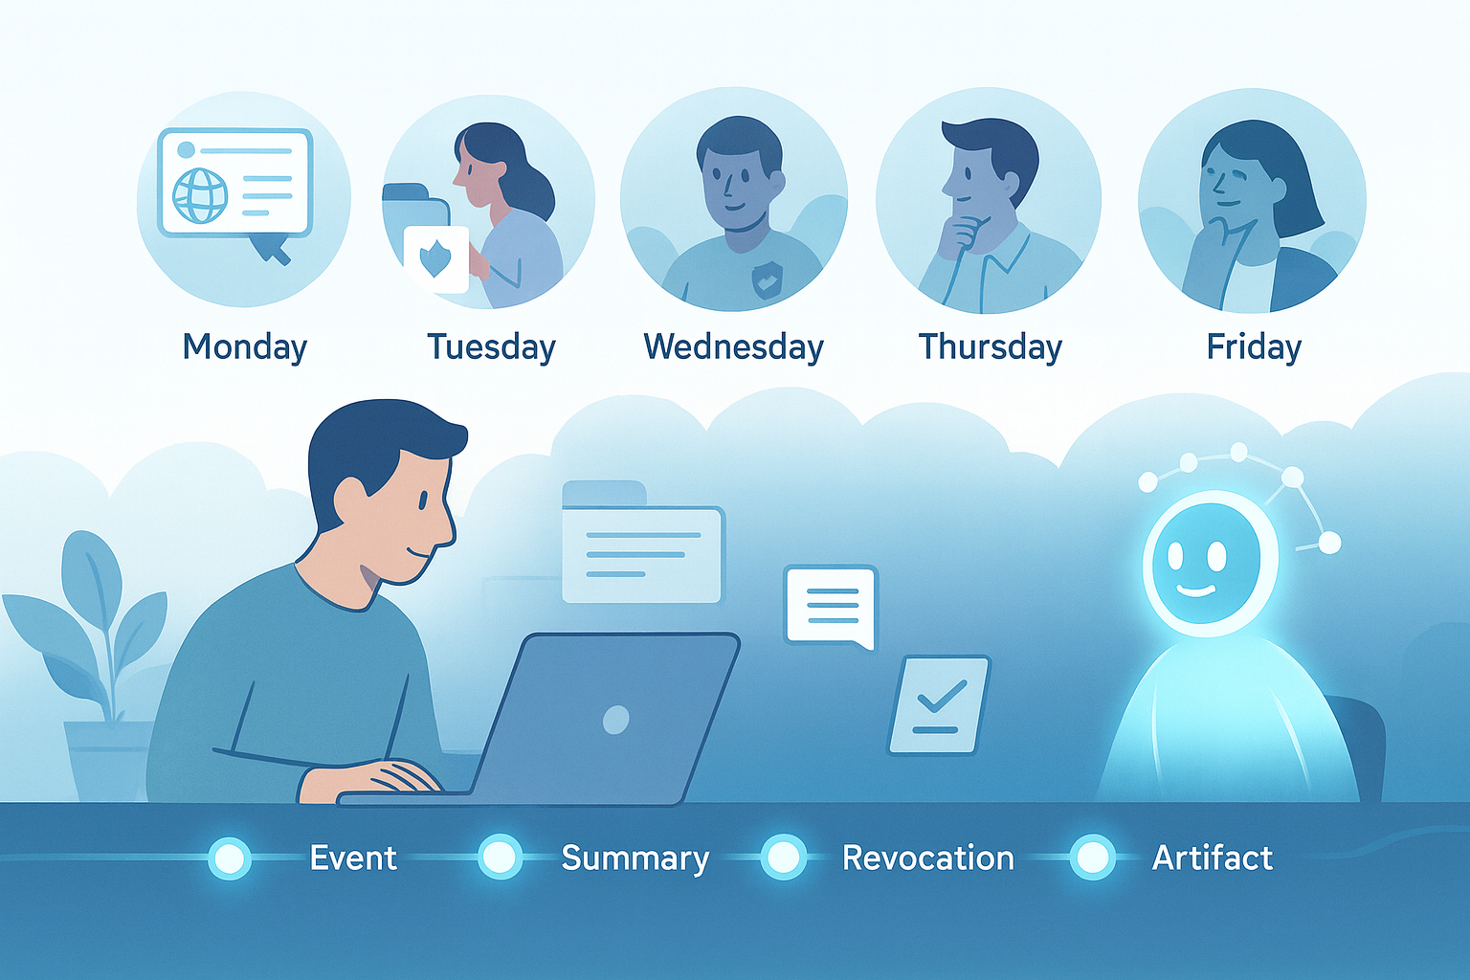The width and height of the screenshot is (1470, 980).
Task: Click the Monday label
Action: click(245, 346)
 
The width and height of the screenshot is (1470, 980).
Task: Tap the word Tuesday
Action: click(491, 346)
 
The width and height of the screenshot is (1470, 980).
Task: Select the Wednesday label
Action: click(733, 346)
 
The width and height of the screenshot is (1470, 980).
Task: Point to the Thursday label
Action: click(990, 346)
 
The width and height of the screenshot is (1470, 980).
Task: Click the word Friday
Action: click(1254, 346)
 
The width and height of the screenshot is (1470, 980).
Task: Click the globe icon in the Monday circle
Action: click(200, 195)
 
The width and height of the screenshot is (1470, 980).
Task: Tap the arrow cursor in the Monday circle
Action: click(269, 248)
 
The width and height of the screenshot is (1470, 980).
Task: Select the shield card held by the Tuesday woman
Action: click(436, 258)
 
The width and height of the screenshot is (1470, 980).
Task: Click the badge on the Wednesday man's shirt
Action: click(767, 278)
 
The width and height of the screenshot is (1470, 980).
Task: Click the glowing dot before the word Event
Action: click(229, 857)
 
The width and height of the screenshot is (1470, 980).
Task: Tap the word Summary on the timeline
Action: click(635, 858)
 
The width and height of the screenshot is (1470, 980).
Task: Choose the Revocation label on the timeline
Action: click(928, 857)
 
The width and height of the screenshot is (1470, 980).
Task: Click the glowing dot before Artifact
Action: click(1092, 857)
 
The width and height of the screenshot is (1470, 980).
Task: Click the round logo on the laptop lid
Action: click(615, 720)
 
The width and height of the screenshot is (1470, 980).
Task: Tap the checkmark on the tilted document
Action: click(942, 696)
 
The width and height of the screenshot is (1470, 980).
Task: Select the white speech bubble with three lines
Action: click(831, 607)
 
